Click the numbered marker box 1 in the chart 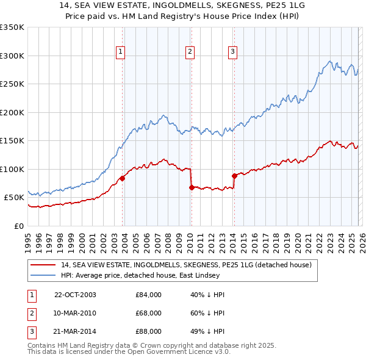(x=121, y=52)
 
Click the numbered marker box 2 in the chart (x=190, y=52)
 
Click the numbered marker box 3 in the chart (x=232, y=52)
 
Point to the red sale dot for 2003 (x=123, y=178)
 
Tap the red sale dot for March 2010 (x=192, y=187)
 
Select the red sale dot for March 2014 (x=234, y=176)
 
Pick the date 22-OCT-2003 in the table (x=75, y=295)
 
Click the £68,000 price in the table (x=148, y=313)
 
